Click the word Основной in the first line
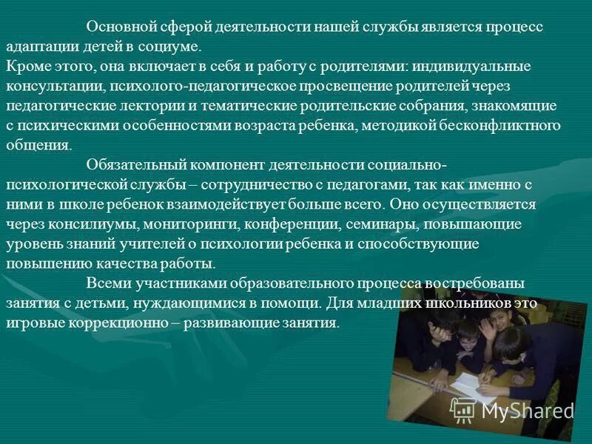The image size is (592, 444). pos(120,27)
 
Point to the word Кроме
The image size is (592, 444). pos(25,67)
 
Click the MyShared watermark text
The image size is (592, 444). pos(528,411)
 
